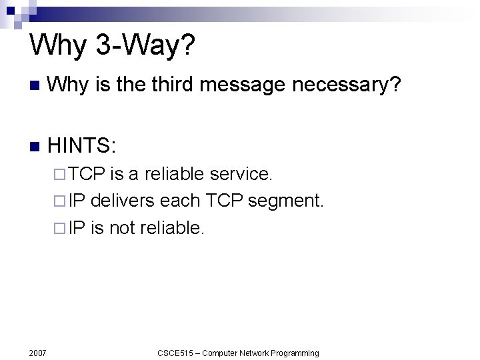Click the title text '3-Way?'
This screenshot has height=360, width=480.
[146, 46]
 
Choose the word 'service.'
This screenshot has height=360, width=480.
[241, 175]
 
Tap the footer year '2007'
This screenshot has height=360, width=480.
[37, 352]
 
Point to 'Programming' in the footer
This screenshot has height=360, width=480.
[293, 353]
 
